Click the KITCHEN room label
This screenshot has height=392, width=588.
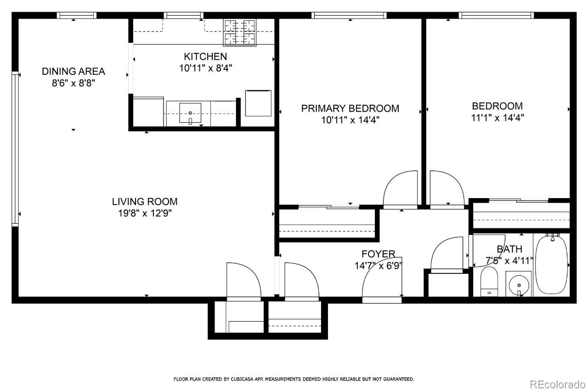tap(205, 57)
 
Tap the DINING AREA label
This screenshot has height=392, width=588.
tap(73, 71)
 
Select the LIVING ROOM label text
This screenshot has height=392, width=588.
tap(145, 201)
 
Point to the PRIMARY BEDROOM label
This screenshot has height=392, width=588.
tap(350, 108)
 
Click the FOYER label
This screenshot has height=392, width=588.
tap(378, 254)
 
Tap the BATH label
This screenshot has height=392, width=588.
tap(509, 249)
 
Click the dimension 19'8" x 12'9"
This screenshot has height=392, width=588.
tap(145, 213)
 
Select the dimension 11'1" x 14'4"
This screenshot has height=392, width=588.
tap(498, 117)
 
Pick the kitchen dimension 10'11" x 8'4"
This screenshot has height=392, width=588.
tap(205, 68)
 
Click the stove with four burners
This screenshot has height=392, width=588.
tap(239, 33)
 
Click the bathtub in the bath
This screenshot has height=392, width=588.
tap(551, 264)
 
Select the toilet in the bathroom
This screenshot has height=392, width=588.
tap(489, 282)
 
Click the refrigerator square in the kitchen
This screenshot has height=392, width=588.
tap(258, 103)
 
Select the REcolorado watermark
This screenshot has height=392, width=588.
tap(557, 384)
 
